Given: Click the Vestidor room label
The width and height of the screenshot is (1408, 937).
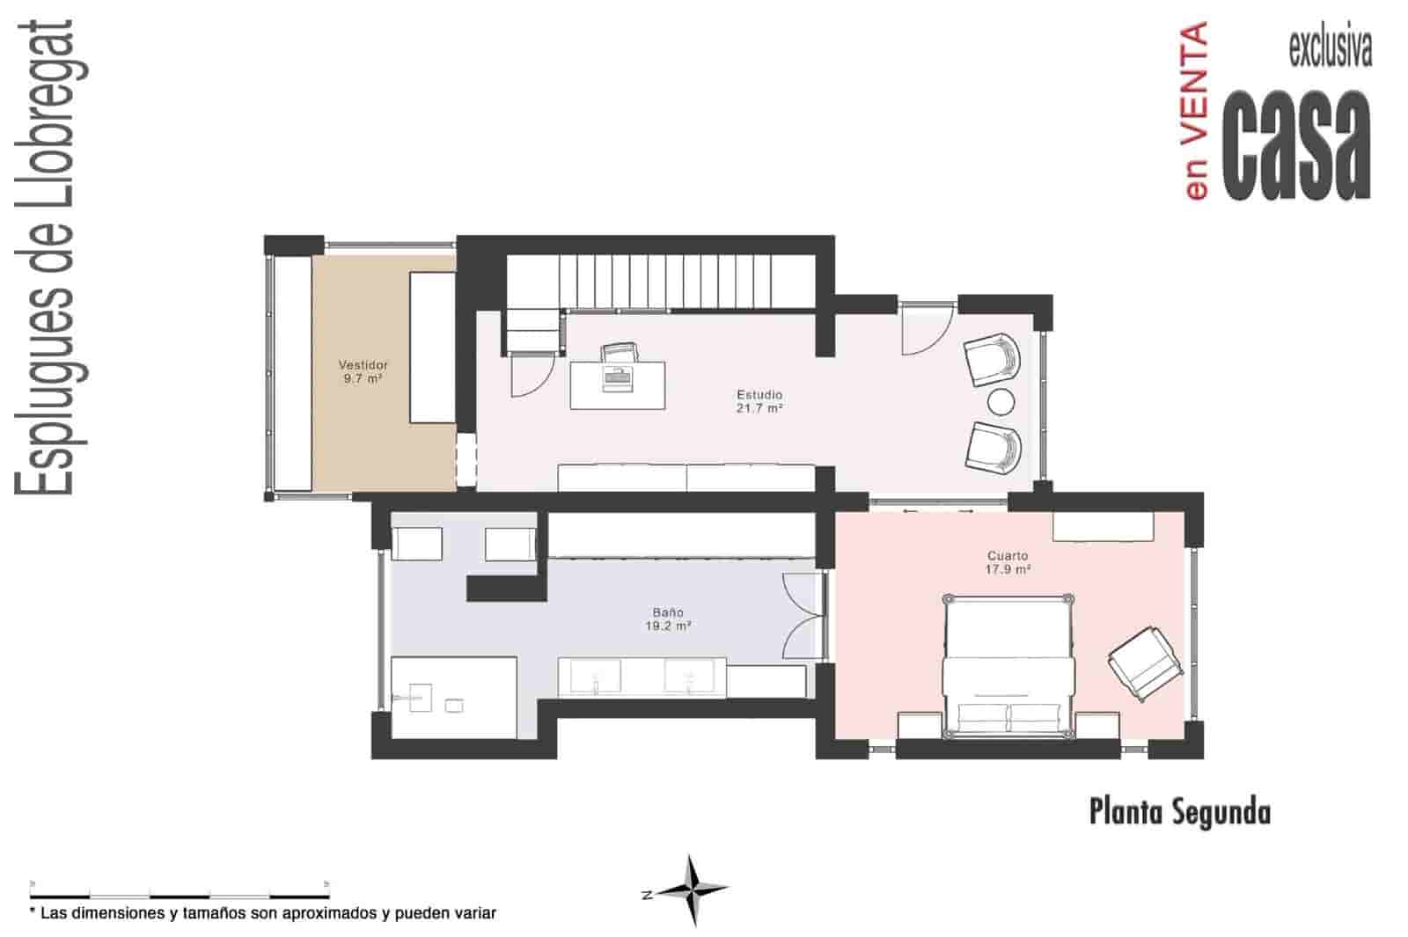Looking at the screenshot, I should coord(363,371).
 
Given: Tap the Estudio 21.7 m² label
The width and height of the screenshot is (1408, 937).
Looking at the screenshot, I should coord(759,401).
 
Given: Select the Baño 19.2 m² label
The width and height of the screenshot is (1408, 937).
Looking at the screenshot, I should coord(668,619).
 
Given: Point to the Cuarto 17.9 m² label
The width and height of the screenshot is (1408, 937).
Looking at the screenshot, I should coord(1008,562).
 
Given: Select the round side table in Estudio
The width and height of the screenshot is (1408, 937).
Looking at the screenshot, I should coord(1001,402).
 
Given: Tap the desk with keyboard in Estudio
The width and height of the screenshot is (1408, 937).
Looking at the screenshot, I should coord(617,384).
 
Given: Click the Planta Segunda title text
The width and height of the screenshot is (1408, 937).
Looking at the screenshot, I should coord(1179,811).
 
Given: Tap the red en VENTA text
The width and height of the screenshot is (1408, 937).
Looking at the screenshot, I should coord(1194,112).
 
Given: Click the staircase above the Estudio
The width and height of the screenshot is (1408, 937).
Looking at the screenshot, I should coord(669,280).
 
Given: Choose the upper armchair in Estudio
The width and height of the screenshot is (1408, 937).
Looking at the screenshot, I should coord(993,358).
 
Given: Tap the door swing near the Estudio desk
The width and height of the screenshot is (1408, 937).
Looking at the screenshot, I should coord(528,376).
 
